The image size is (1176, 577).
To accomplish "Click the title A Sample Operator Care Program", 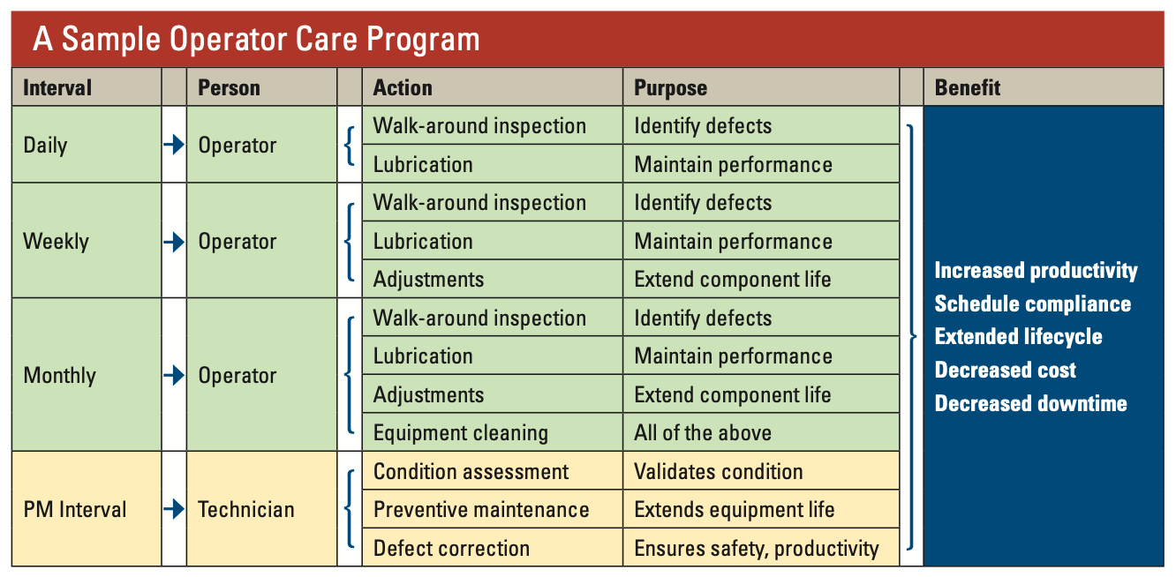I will click(256, 40).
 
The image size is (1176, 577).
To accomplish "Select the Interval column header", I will click(57, 87).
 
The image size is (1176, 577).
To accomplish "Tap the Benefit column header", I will click(968, 87).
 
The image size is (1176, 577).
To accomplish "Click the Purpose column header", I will click(671, 87).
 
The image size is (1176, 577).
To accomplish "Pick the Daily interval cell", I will click(45, 146).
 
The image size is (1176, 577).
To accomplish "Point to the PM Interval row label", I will click(75, 509).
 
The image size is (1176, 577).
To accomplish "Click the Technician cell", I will click(246, 509).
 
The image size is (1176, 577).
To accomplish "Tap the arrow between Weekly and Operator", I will click(174, 241).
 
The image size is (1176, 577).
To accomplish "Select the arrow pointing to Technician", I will click(174, 509).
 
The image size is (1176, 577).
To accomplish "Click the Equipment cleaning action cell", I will click(461, 433).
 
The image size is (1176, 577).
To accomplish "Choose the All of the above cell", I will click(703, 433).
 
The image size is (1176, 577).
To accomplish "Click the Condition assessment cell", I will click(471, 472).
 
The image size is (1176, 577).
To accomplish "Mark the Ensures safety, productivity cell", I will click(757, 548).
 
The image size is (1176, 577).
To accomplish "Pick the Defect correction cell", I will click(451, 548).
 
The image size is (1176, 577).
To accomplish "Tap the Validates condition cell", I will click(719, 472).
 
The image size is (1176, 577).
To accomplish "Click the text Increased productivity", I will click(1036, 271).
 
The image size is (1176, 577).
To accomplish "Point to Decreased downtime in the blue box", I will click(1030, 404).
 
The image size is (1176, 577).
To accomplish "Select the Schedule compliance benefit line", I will click(1032, 304).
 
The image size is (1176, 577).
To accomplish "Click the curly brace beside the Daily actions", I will click(350, 146).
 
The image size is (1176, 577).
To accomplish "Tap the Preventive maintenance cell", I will click(481, 510).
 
